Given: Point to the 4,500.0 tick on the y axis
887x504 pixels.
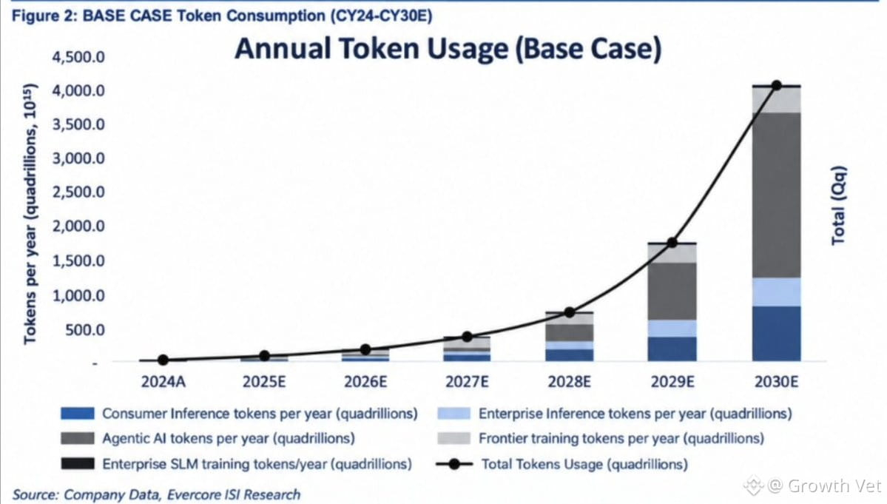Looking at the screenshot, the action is [x=78, y=57].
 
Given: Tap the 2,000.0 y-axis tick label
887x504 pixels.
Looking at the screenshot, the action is [x=78, y=226].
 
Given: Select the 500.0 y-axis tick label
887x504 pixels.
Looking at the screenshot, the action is [x=85, y=330].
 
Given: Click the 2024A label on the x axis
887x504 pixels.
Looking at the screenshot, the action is [x=163, y=382].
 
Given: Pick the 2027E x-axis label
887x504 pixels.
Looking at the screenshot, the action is [x=467, y=382].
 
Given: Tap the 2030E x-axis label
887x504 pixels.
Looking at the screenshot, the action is [x=776, y=382].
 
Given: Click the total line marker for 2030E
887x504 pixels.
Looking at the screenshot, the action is [x=777, y=85].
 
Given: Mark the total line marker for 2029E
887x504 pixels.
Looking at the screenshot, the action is [x=672, y=243].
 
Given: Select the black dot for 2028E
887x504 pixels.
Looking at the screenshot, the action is [x=570, y=312].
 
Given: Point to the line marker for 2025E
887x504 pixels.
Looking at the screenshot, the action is [x=264, y=356].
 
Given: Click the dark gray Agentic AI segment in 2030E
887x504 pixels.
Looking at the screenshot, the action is [x=777, y=195].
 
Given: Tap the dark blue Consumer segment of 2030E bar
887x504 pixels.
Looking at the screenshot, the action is [x=777, y=334].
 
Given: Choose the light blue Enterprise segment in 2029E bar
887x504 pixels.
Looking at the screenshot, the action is [x=672, y=329].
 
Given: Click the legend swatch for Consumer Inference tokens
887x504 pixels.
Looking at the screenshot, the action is [x=78, y=414].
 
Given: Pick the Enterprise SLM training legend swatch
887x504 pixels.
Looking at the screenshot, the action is [x=78, y=464].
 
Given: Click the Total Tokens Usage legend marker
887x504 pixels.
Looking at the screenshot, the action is [x=454, y=464].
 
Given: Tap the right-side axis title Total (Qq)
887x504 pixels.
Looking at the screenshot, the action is [x=838, y=205].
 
